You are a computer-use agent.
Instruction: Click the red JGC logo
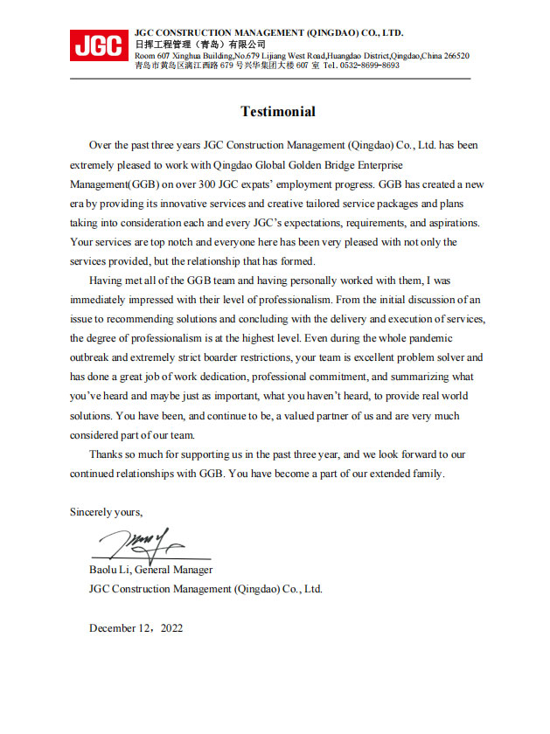(98, 45)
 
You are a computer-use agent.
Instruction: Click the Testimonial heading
(278, 112)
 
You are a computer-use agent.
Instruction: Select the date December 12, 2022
(136, 628)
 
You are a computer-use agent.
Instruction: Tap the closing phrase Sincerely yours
(106, 512)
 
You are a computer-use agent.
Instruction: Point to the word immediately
(104, 300)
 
